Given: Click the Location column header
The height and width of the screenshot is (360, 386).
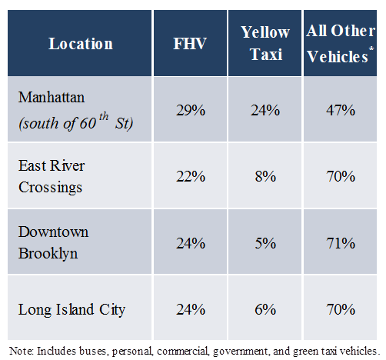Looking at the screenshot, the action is point(81,44).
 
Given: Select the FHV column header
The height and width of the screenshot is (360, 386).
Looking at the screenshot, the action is point(190,44).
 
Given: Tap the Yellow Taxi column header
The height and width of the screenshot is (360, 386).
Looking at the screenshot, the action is point(265,43).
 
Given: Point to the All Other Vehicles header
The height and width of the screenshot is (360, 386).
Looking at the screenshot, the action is point(341,44).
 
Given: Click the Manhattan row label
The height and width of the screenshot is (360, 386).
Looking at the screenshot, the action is point(76,110).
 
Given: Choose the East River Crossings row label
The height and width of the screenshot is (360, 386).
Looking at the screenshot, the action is point(52,176).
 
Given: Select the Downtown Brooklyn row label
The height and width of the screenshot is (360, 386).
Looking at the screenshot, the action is point(53,242).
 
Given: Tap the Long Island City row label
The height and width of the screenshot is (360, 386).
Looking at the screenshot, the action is point(72,310).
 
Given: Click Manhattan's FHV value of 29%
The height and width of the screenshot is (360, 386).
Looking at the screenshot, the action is point(191,110).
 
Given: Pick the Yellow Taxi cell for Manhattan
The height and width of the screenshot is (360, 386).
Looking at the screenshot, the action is point(265,110).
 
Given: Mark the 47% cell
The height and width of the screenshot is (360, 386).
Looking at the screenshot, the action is point(341,110).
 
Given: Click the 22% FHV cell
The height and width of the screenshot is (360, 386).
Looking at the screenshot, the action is point(191,176).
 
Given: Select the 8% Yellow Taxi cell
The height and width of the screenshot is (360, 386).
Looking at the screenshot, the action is point(265,176).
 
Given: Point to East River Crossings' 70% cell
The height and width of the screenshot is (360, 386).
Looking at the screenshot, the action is point(341,176).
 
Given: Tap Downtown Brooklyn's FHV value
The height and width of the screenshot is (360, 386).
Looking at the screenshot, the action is point(191,243).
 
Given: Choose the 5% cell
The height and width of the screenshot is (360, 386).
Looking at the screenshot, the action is point(265,243).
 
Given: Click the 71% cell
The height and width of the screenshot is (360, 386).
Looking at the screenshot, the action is point(341,243).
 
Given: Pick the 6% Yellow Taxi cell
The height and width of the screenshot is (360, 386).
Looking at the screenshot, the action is point(265,309).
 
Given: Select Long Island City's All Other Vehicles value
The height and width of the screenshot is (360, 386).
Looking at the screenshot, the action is point(341,309).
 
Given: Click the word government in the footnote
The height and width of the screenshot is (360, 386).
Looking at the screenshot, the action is point(241,351).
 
